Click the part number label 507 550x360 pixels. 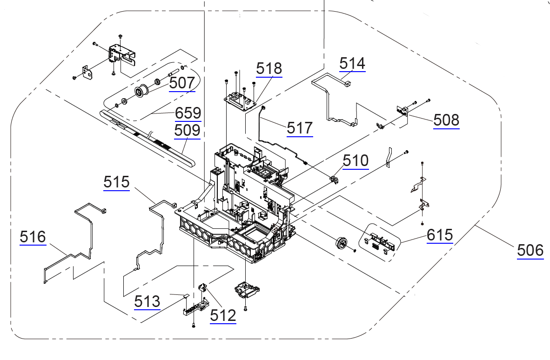pos(182,83)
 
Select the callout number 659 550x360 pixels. pos(188,113)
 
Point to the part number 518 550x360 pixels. pos(269,68)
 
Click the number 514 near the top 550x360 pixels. pos(352,63)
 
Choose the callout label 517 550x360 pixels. pos(300,128)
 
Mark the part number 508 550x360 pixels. pos(446,120)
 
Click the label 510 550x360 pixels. pos(356,161)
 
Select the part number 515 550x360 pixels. pos(116,182)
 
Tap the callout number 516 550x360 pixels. pos(33,237)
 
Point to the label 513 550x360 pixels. pos(147,301)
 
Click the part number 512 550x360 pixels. pos(223,315)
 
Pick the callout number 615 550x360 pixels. pos(440,235)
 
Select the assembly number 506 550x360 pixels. pos(530,250)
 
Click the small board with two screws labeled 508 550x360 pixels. pos(402,111)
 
